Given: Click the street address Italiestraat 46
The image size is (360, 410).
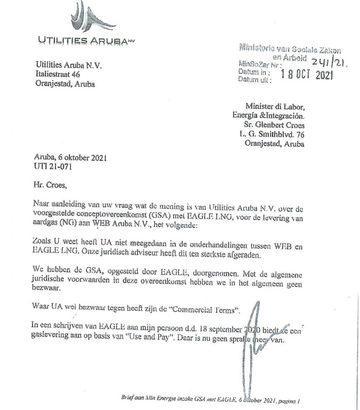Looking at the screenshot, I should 58,74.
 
